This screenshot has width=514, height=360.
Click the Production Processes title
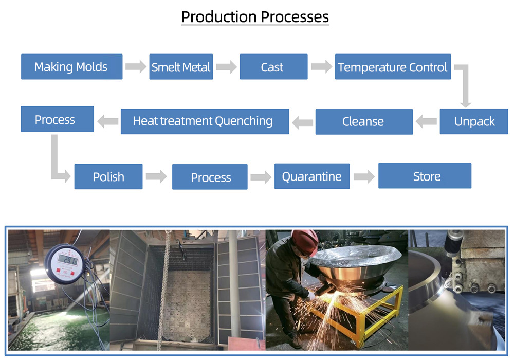(x=255, y=17)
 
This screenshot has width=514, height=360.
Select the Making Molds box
(x=71, y=67)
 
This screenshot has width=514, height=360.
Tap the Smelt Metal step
(x=181, y=67)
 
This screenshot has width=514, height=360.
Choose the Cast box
(x=273, y=67)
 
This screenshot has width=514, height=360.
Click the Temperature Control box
(x=393, y=67)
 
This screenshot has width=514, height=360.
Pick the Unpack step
(x=474, y=122)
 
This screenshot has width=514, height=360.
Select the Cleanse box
(x=363, y=122)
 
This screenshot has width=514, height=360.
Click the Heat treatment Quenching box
(x=204, y=121)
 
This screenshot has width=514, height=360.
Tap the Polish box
(x=108, y=177)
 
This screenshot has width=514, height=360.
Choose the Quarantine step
(x=311, y=176)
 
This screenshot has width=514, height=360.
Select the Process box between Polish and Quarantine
(x=210, y=177)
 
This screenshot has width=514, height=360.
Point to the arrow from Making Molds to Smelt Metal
(x=136, y=67)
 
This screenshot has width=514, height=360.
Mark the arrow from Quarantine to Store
(x=364, y=177)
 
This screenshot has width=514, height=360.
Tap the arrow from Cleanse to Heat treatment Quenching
(x=302, y=122)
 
